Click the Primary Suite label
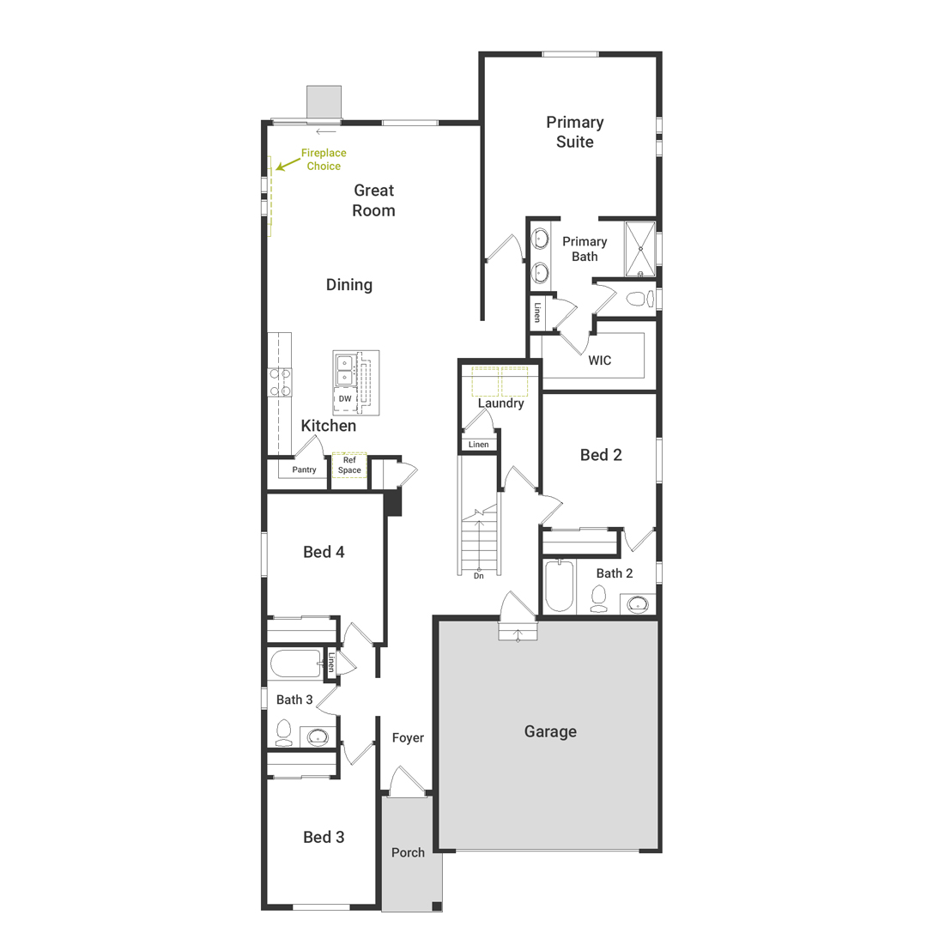tap(574, 132)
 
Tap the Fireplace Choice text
tap(324, 160)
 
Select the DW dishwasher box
tap(345, 399)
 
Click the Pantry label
tap(304, 470)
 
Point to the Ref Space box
tap(349, 465)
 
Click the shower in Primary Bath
tap(640, 249)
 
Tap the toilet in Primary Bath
tap(639, 299)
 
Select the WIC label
tap(599, 360)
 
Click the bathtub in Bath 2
tap(560, 586)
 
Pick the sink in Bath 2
tap(638, 604)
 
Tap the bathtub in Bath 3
tap(296, 663)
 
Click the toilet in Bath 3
tap(284, 733)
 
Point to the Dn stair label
tap(479, 576)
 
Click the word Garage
tap(550, 732)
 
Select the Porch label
tap(408, 852)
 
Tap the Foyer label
tap(408, 738)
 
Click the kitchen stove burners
tap(280, 382)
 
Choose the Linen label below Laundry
tap(479, 445)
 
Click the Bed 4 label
tap(324, 552)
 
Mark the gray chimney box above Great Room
tap(324, 101)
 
